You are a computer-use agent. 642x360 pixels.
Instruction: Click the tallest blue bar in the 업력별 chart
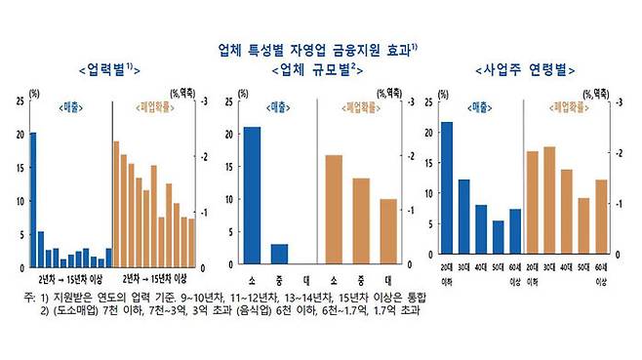tap(32, 200)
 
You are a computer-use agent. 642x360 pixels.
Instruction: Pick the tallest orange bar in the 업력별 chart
tap(116, 205)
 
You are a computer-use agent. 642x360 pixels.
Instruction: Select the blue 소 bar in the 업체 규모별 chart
tap(252, 195)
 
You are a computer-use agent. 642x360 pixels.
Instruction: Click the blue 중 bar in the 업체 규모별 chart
tap(279, 254)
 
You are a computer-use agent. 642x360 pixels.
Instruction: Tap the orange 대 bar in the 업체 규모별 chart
tap(388, 231)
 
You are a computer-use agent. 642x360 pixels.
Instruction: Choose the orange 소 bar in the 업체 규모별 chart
tap(334, 209)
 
